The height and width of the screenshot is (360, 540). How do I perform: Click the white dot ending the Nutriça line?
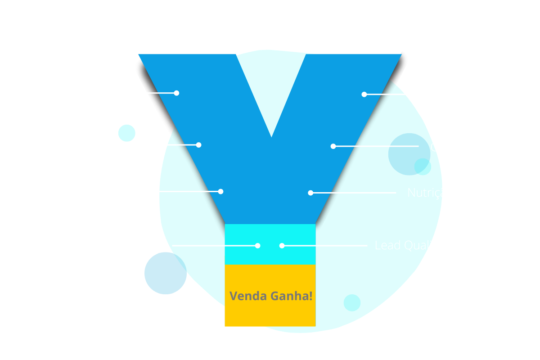pyautogui.click(x=310, y=193)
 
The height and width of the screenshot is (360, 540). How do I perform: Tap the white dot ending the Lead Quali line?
pyautogui.click(x=282, y=246)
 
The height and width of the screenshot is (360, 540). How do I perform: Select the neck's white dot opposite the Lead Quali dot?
pyautogui.click(x=257, y=246)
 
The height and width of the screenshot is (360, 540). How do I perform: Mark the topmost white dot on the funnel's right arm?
pyautogui.click(x=364, y=94)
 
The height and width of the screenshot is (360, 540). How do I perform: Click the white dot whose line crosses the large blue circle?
pyautogui.click(x=333, y=146)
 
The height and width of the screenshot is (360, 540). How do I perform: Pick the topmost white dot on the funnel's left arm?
pyautogui.click(x=176, y=93)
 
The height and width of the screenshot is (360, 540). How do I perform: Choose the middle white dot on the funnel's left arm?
pyautogui.click(x=198, y=145)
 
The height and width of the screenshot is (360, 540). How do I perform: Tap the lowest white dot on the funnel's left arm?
pyautogui.click(x=220, y=191)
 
